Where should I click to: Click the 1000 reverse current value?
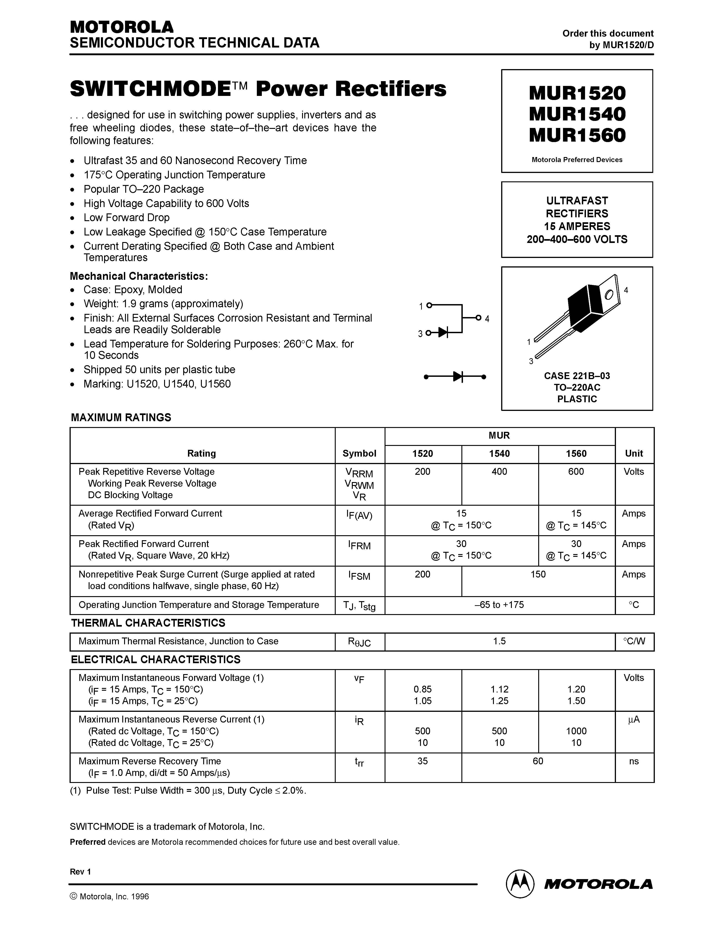click(576, 731)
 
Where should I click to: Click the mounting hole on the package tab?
click(609, 295)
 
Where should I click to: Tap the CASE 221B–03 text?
click(577, 376)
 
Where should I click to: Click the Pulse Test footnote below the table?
click(188, 790)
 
